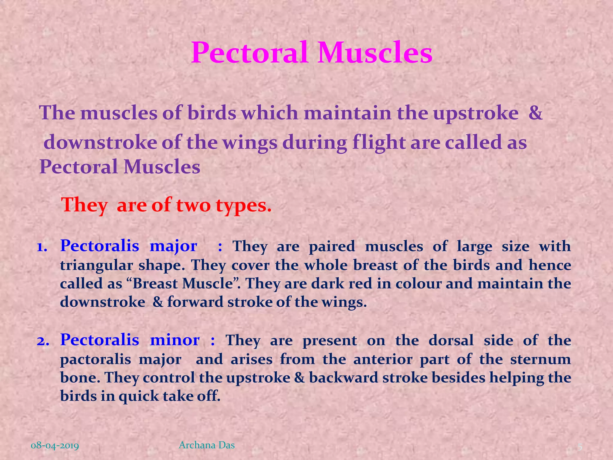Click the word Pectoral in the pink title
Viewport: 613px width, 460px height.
pos(250,53)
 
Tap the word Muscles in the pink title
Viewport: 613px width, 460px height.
pos(375,53)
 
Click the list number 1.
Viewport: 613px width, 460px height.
pos(42,247)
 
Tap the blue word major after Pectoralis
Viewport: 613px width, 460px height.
pos(173,246)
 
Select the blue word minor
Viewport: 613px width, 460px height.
pos(175,340)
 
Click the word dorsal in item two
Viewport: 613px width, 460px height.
pos(451,341)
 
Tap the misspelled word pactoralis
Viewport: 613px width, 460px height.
pos(95,359)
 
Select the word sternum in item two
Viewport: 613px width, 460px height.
pos(541,359)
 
